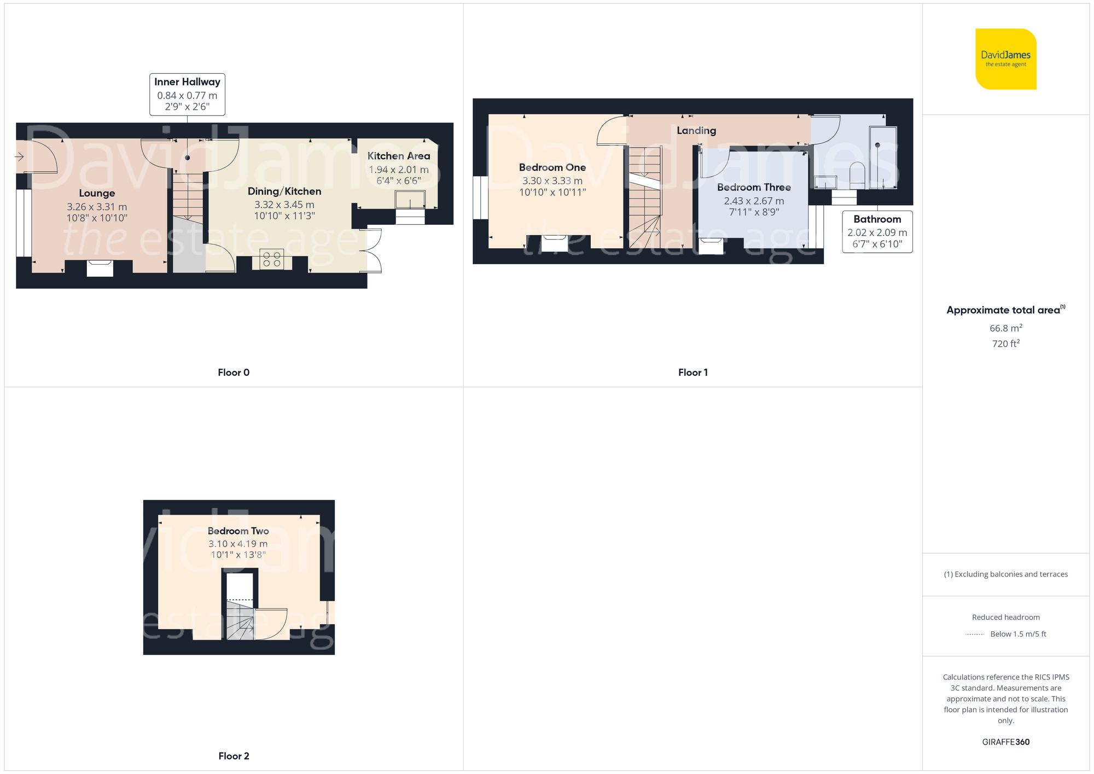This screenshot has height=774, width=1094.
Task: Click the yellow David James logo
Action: [1005, 59]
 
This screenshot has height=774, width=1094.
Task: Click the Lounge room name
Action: [97, 193]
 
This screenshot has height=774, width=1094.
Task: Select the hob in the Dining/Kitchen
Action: [272, 259]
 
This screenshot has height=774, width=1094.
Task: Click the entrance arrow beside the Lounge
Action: [19, 157]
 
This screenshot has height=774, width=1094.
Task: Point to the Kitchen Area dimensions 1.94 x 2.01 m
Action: [398, 170]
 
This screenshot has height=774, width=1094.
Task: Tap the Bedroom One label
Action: [552, 167]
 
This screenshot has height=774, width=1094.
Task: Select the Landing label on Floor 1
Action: [696, 130]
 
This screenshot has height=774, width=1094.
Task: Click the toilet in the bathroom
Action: [857, 173]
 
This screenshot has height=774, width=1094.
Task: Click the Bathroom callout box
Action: [877, 231]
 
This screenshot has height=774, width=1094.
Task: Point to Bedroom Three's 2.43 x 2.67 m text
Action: [754, 201]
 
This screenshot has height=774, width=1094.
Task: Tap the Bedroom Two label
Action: [238, 531]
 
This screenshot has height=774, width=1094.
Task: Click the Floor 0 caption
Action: [234, 373]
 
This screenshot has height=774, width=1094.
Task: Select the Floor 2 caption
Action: [234, 756]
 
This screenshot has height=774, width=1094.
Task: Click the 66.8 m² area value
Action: [1005, 328]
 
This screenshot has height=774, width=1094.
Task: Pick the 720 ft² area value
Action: [1005, 344]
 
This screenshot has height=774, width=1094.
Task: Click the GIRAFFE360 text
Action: [1005, 742]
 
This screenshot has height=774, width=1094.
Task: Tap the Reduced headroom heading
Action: [1005, 617]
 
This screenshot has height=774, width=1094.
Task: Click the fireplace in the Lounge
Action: [100, 268]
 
